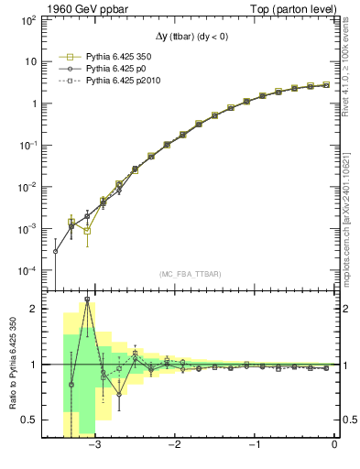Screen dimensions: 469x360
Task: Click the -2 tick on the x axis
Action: [175, 446]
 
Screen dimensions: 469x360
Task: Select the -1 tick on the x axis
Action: [255, 446]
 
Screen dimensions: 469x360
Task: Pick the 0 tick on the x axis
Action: [334, 446]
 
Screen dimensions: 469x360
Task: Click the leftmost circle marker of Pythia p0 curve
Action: [56, 251]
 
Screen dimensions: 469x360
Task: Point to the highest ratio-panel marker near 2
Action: [87, 300]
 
